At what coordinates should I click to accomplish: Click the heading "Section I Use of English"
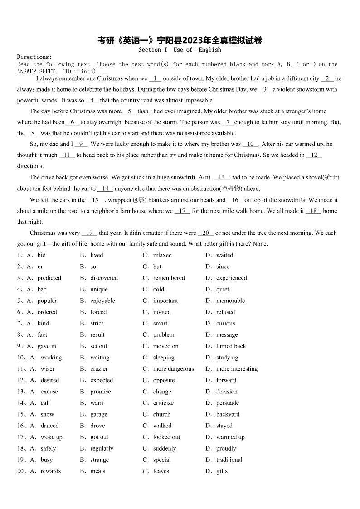tap(180, 50)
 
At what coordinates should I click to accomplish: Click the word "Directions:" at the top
tap(34, 57)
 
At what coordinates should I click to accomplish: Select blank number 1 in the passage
tap(155, 78)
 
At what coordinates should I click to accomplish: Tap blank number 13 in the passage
tap(221, 178)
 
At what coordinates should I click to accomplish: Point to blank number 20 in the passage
tap(206, 233)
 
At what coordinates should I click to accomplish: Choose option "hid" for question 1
tap(42, 255)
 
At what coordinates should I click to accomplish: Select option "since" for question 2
tap(223, 267)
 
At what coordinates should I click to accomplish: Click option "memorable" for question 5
tap(230, 301)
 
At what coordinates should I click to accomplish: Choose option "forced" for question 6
tap(98, 312)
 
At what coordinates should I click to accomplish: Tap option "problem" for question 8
tap(163, 334)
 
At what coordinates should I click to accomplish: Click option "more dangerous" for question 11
tap(173, 369)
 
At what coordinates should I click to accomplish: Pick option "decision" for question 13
tap(227, 392)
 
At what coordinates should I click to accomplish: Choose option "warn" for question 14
tap(97, 403)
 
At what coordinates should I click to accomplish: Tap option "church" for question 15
tap(161, 414)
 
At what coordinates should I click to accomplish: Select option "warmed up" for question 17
tap(230, 437)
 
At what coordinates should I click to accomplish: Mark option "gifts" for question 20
tap(222, 471)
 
